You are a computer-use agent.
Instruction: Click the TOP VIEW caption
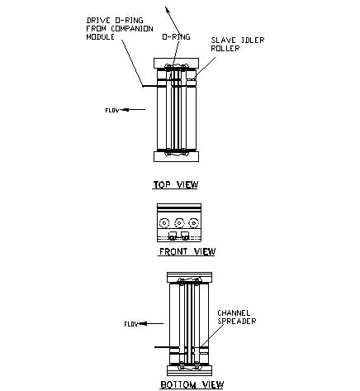[x=176, y=184]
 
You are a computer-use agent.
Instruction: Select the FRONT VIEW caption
[x=187, y=251]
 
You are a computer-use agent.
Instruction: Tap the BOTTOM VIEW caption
[x=192, y=384]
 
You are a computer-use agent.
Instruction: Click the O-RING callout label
[x=176, y=36]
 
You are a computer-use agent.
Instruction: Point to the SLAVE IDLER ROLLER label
[x=238, y=44]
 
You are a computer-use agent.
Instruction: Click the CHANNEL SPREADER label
[x=237, y=317]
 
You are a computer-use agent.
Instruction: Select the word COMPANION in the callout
[x=132, y=29]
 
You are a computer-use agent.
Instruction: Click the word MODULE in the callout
[x=100, y=37]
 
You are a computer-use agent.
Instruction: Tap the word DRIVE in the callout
[x=98, y=21]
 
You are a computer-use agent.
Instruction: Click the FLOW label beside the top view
[x=112, y=110]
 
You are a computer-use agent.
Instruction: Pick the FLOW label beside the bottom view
[x=130, y=324]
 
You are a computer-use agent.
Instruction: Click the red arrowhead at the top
[x=168, y=10]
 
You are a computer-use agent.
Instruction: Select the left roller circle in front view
[x=164, y=222]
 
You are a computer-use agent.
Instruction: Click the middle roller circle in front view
[x=179, y=222]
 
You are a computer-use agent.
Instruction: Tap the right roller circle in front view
[x=194, y=222]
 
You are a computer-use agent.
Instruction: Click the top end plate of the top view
[x=176, y=63]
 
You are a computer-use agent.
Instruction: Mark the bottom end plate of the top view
[x=176, y=156]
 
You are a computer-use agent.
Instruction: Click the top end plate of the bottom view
[x=190, y=277]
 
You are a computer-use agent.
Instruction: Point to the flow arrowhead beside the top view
[x=125, y=110]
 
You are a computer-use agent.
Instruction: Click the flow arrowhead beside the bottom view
[x=143, y=323]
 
